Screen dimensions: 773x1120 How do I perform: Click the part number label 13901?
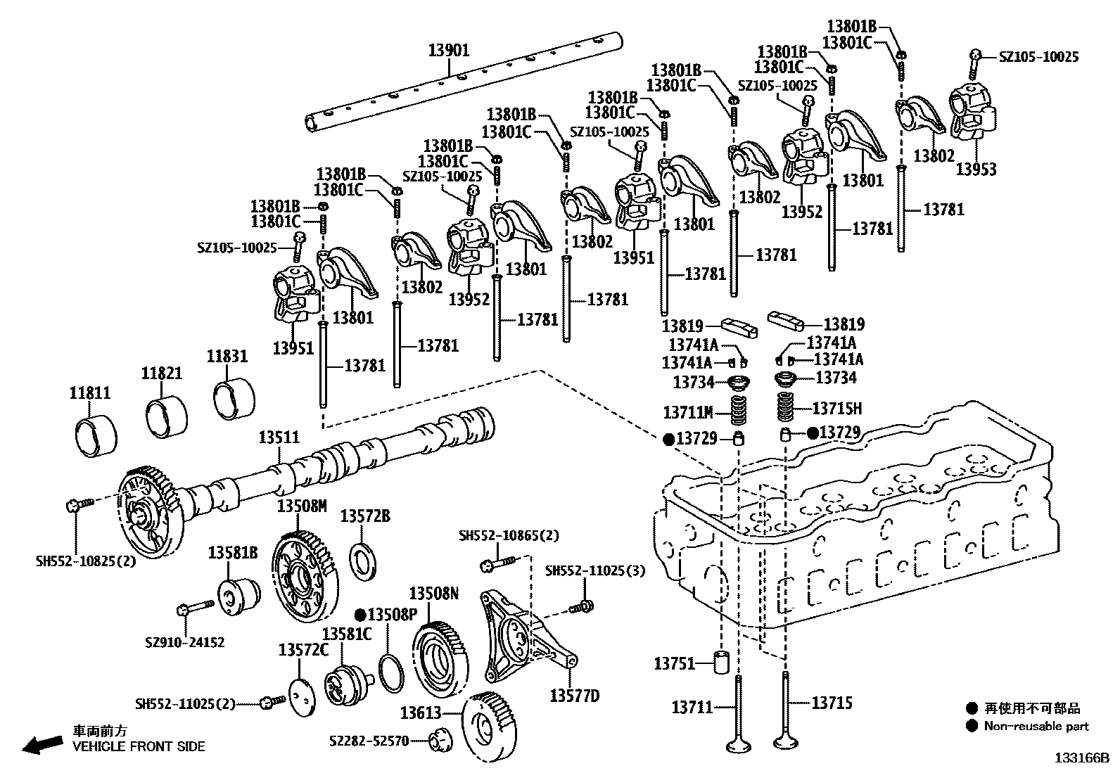(449, 51)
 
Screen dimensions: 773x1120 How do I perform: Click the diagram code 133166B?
(1081, 759)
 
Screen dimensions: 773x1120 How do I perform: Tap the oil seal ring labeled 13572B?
(364, 562)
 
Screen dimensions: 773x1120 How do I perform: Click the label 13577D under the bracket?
(574, 696)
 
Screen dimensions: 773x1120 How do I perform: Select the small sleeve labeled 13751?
(723, 663)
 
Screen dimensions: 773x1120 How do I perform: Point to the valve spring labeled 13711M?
(737, 411)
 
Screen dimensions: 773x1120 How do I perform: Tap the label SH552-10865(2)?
(509, 535)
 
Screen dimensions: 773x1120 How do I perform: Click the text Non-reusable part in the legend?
(1036, 727)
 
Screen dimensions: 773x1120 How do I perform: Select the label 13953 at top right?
(976, 170)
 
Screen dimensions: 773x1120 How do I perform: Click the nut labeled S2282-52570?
(441, 740)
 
